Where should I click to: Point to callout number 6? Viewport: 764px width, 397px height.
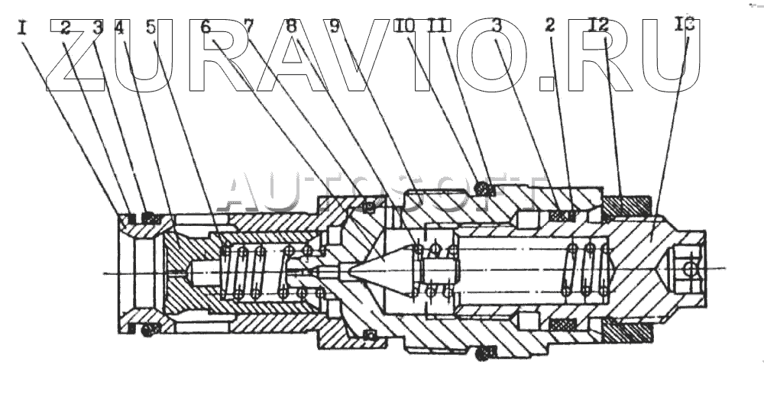(x=206, y=27)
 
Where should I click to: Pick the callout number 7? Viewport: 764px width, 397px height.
(x=250, y=27)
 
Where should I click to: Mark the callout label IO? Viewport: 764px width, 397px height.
(x=405, y=27)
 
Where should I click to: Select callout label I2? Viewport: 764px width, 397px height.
(x=599, y=27)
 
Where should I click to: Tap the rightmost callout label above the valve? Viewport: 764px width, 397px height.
(x=685, y=27)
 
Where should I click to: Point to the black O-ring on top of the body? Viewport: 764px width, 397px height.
(x=482, y=186)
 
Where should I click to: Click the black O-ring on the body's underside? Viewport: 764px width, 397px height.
(x=482, y=352)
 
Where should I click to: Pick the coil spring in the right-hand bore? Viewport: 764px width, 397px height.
(x=586, y=269)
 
